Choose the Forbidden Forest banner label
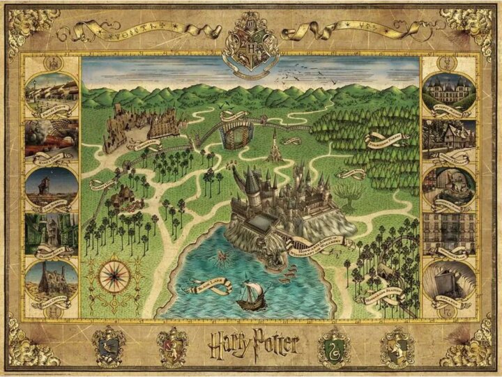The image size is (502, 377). [386, 139]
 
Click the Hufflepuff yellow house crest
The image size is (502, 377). [395, 344]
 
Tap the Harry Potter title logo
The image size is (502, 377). [250, 344]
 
